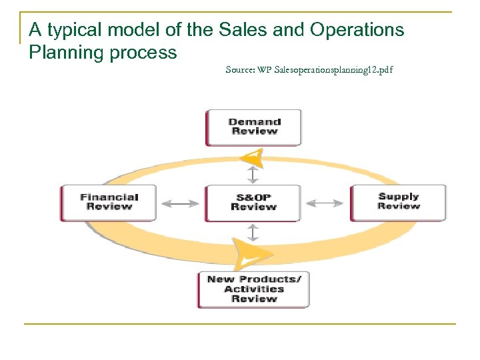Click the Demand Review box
click(x=253, y=127)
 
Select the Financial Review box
click(x=109, y=202)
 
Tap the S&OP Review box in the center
click(x=253, y=203)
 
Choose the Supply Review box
click(x=399, y=201)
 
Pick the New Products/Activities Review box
click(x=253, y=289)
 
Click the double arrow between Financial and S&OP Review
click(x=180, y=203)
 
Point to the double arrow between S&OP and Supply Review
click(x=327, y=203)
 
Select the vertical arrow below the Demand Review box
click(x=253, y=174)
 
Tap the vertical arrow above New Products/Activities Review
click(x=253, y=233)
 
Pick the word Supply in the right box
click(x=399, y=197)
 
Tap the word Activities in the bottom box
click(x=254, y=289)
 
